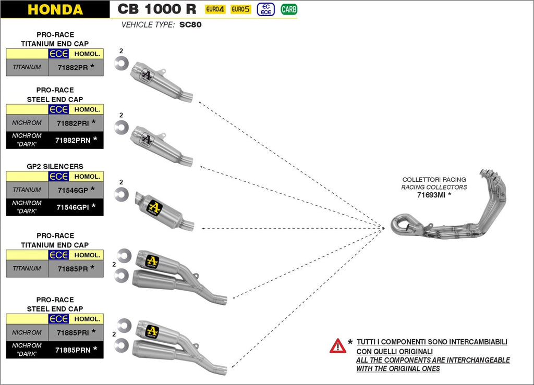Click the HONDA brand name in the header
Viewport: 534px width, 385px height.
tap(55, 9)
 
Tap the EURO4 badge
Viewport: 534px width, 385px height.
tap(215, 9)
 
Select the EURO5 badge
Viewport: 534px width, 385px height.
tap(240, 9)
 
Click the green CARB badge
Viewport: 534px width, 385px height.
tap(288, 9)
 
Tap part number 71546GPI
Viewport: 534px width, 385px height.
tap(72, 207)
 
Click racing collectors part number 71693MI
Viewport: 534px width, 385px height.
tap(430, 195)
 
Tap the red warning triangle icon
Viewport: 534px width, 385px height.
tap(337, 346)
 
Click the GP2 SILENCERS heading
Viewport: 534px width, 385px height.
tap(55, 167)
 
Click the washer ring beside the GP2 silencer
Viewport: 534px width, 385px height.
tap(122, 194)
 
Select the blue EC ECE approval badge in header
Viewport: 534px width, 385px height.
tap(266, 9)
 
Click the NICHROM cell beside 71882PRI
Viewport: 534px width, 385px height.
tap(27, 123)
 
